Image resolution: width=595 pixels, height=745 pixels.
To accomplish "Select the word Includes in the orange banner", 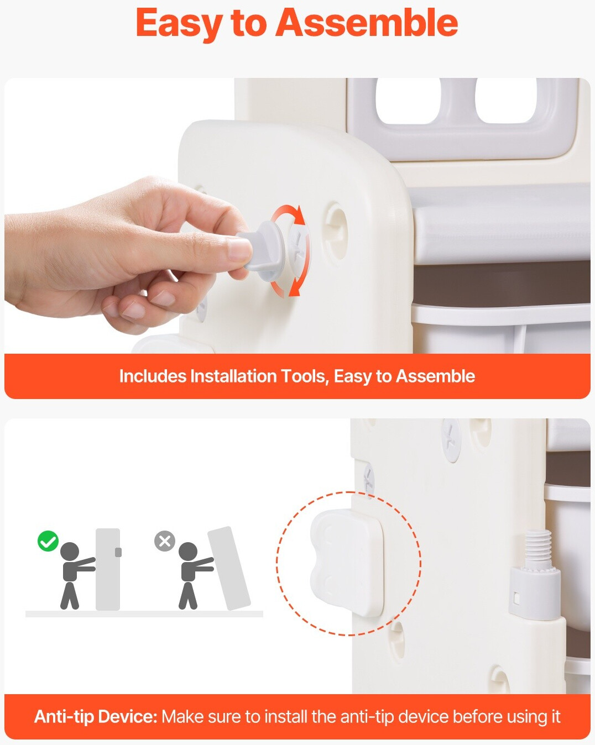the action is click(x=153, y=376).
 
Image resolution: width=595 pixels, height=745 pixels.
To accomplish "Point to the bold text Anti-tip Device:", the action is click(x=96, y=716).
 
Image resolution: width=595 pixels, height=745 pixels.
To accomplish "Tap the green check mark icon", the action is click(x=48, y=541).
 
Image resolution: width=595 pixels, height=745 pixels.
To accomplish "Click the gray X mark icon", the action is click(x=164, y=541).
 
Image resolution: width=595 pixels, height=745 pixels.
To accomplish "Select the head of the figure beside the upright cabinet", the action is click(x=70, y=552).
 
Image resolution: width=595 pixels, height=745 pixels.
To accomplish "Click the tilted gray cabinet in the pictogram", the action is click(x=229, y=568).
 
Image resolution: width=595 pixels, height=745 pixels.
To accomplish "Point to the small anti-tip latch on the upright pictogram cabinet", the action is click(x=118, y=552).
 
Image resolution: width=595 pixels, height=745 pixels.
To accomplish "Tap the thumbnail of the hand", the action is click(x=240, y=249).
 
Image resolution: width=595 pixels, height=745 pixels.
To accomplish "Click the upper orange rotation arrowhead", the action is click(x=299, y=214).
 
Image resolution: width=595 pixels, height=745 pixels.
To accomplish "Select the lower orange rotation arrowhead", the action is click(x=294, y=287).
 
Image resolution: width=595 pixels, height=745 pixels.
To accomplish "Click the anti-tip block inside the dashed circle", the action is click(x=347, y=562).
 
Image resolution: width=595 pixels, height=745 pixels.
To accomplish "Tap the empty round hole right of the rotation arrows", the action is click(x=335, y=230).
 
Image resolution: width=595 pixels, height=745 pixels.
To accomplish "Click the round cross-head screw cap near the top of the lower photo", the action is click(x=451, y=440).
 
